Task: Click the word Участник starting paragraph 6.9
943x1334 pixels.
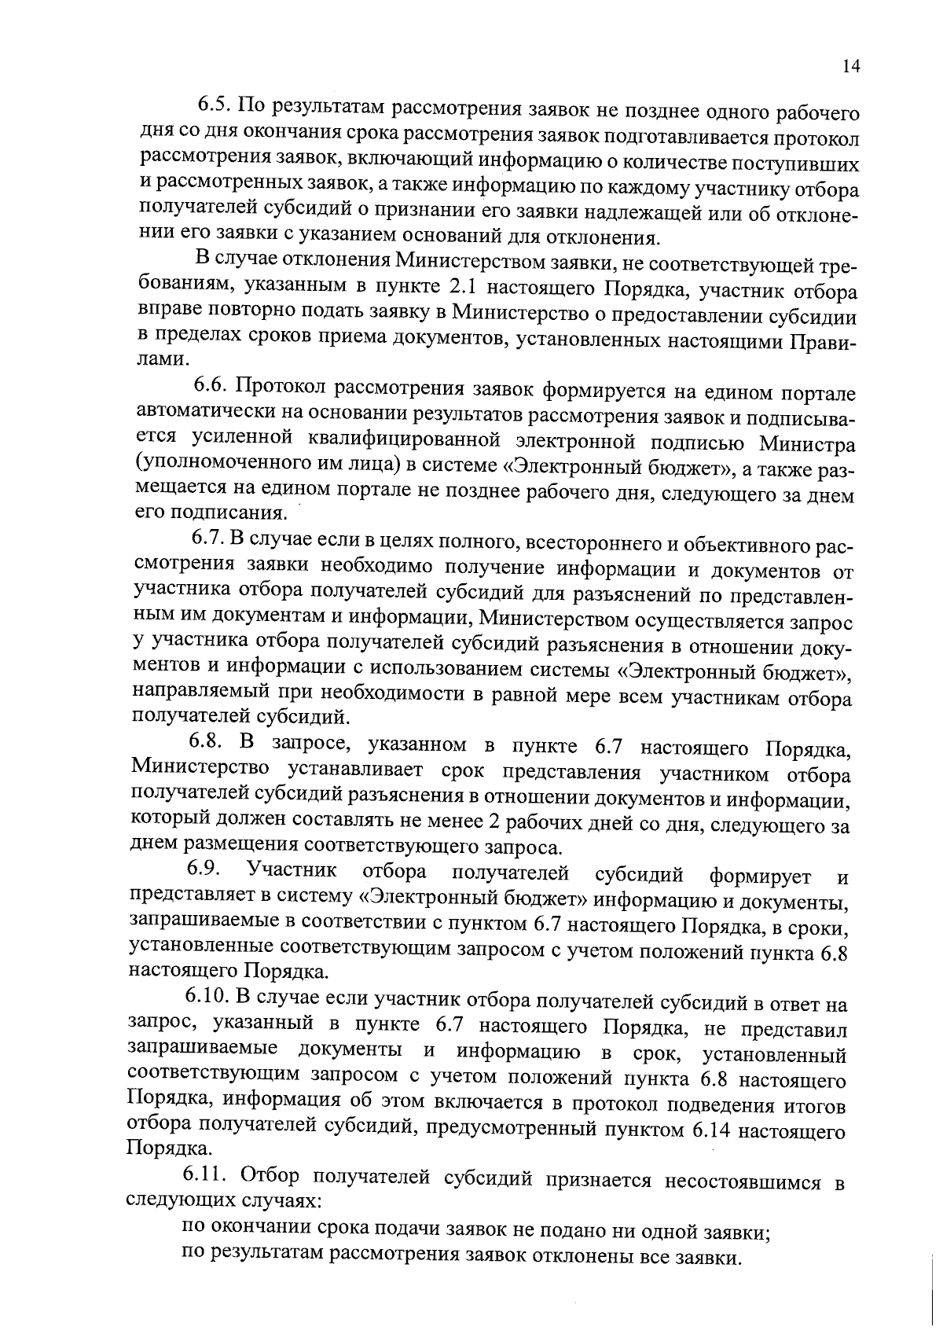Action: pyautogui.click(x=292, y=870)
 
